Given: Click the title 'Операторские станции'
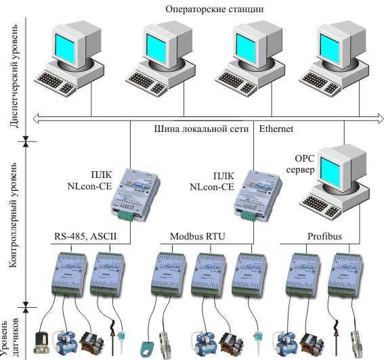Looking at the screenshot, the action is [x=214, y=9].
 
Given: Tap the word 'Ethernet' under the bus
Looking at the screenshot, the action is [x=276, y=129].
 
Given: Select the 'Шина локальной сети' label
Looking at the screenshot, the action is [x=201, y=129].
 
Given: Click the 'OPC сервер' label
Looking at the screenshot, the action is [x=301, y=164].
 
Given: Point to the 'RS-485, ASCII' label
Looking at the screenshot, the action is [x=85, y=236].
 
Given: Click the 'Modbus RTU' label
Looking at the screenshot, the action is [x=197, y=236].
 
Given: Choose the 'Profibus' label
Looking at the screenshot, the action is [x=324, y=236].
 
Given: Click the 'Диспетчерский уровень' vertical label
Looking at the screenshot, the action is [x=14, y=76].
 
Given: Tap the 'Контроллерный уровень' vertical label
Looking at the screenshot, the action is [x=13, y=215].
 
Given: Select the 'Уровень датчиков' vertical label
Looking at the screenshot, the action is [x=9, y=338].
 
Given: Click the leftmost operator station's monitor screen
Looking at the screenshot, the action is [x=64, y=49].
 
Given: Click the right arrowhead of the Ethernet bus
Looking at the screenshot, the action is [x=381, y=118].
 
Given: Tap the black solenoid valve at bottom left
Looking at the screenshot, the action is [x=42, y=342].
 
